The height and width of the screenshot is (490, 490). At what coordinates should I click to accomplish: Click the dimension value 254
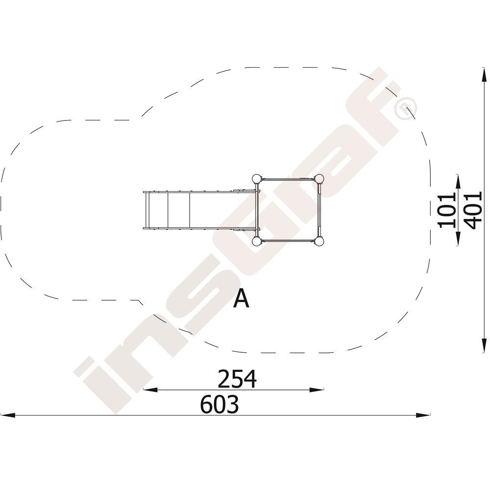pyautogui.click(x=237, y=379)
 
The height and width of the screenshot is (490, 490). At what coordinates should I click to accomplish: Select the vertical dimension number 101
pyautogui.click(x=447, y=211)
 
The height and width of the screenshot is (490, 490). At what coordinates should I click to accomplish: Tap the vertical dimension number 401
pyautogui.click(x=473, y=211)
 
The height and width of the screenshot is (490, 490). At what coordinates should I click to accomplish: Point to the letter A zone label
pyautogui.click(x=241, y=298)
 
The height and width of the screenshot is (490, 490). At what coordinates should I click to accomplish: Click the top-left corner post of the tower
pyautogui.click(x=256, y=179)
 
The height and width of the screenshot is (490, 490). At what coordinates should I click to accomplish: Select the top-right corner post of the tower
pyautogui.click(x=319, y=179)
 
